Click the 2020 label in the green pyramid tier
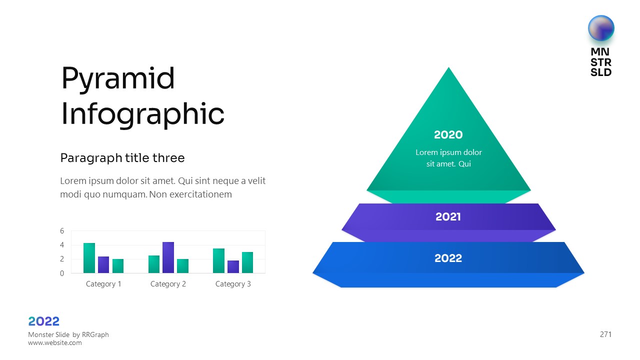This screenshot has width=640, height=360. click(x=448, y=135)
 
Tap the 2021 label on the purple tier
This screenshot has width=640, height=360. click(x=448, y=217)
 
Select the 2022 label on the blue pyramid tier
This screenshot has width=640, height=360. click(x=448, y=258)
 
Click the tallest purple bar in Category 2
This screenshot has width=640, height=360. click(x=168, y=257)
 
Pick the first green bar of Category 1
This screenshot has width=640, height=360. click(x=89, y=258)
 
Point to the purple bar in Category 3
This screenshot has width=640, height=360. click(x=233, y=267)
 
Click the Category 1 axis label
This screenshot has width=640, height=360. click(x=103, y=284)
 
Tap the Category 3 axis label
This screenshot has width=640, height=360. click(x=233, y=284)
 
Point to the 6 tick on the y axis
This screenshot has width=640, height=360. click(x=62, y=231)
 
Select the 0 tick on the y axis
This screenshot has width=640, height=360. click(x=62, y=273)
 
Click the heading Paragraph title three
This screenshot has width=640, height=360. click(x=122, y=158)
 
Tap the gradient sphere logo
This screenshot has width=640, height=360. click(x=601, y=28)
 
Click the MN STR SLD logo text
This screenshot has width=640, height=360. click(x=601, y=62)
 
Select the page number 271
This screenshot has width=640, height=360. click(x=605, y=334)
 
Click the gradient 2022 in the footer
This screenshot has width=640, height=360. click(x=43, y=321)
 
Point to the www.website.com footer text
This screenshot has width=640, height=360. click(x=55, y=343)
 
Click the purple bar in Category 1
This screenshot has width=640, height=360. click(x=103, y=265)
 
